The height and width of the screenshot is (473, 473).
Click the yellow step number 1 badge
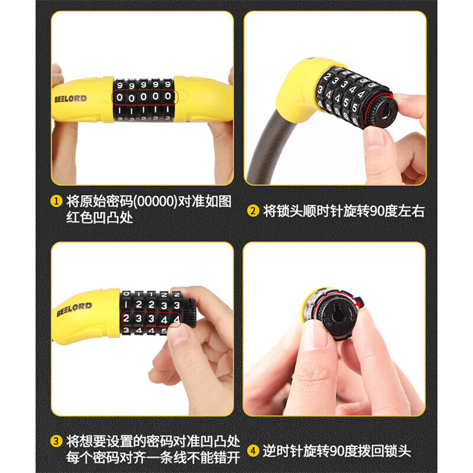[x=56, y=201]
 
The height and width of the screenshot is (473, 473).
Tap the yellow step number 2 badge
[x=253, y=211]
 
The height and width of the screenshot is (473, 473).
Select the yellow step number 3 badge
[x=56, y=441]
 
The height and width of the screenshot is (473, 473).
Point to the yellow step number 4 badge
[x=253, y=451]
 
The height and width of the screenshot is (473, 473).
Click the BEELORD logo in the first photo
[x=70, y=99]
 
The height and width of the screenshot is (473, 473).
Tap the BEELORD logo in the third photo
[x=74, y=309]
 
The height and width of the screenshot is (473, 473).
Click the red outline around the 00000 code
[x=145, y=90]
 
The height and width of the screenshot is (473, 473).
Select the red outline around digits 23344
[x=152, y=312]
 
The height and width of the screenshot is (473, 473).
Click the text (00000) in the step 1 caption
[x=155, y=201]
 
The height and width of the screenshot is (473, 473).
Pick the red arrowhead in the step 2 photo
[x=391, y=96]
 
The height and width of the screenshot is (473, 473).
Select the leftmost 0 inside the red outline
[x=120, y=98]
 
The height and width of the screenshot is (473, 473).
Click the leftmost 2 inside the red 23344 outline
[x=126, y=318]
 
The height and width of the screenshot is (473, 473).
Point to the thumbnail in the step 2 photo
[x=374, y=138]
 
